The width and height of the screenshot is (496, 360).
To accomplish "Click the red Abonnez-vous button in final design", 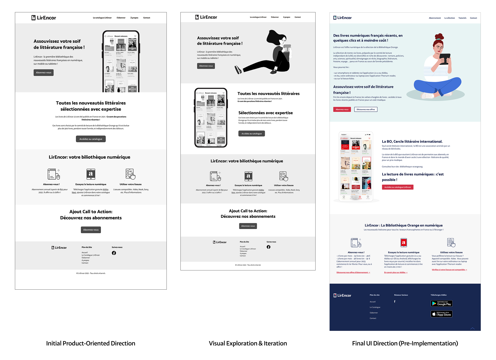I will click(x=342, y=109).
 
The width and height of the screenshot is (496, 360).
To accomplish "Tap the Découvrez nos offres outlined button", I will click(x=365, y=109).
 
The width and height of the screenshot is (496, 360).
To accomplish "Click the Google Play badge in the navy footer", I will click(x=441, y=304).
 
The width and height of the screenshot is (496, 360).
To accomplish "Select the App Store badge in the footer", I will click(x=441, y=314).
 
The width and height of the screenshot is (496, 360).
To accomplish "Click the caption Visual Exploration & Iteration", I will click(x=248, y=343).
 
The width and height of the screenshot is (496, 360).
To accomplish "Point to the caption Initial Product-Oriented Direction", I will click(x=91, y=343).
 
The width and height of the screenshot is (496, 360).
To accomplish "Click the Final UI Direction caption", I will click(x=405, y=343).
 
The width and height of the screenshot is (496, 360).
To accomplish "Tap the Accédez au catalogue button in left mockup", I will click(x=91, y=139).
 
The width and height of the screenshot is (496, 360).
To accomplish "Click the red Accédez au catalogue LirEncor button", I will click(x=397, y=187).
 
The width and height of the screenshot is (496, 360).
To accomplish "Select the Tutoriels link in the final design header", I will click(x=462, y=18).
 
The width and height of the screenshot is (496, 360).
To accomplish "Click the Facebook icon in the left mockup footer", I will click(x=114, y=253).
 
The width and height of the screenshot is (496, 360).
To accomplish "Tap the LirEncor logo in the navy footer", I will click(x=342, y=296).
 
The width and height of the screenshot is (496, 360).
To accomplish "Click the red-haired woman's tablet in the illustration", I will click(x=445, y=58).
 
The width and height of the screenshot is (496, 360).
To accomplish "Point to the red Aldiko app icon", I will click(x=404, y=243).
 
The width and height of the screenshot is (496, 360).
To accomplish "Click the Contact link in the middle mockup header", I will click(x=298, y=17).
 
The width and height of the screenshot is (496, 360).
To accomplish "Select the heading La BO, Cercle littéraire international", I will click(x=412, y=141).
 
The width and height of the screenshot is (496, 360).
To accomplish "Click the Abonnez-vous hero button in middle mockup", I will click(x=206, y=66).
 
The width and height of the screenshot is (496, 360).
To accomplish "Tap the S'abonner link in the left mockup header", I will click(x=121, y=18).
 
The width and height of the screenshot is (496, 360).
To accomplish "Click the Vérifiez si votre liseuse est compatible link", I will click(x=449, y=270).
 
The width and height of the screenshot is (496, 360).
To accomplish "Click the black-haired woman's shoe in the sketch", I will click(x=238, y=70).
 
